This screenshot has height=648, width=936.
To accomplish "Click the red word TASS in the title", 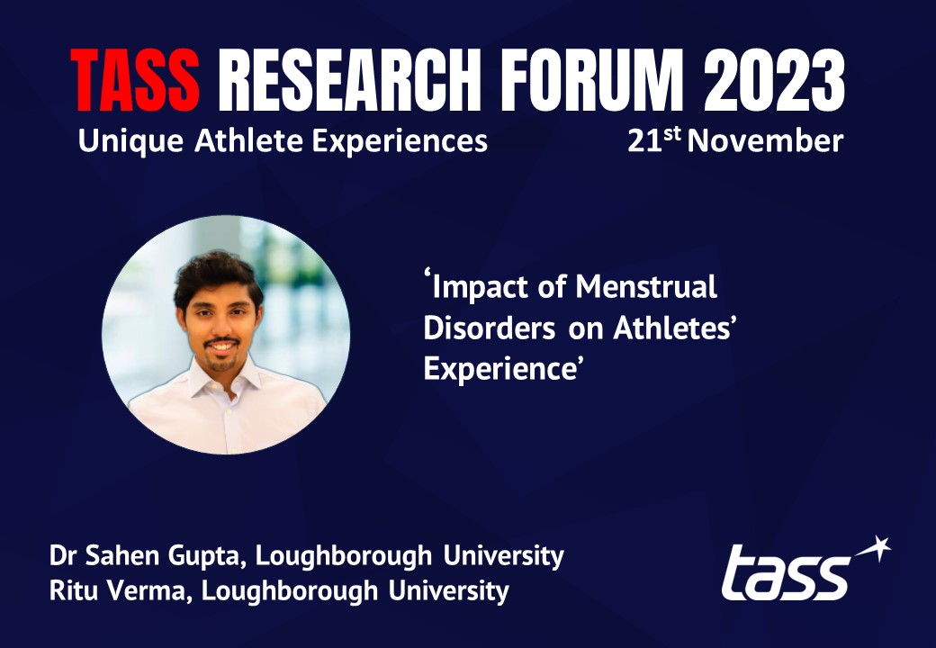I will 135,82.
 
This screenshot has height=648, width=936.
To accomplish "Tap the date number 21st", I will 653,141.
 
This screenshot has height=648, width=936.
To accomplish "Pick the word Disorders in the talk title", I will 489,328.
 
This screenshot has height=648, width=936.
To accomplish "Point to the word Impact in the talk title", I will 487,288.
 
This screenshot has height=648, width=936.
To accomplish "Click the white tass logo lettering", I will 786,573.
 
